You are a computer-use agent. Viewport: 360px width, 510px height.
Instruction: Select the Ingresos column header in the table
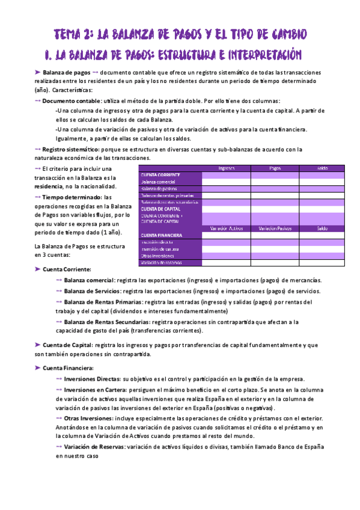click(x=225, y=168)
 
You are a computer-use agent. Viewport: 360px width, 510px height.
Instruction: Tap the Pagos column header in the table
click(x=274, y=168)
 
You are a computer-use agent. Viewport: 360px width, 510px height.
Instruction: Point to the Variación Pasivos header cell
click(x=274, y=228)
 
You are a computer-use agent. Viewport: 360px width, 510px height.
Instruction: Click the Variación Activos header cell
click(x=226, y=228)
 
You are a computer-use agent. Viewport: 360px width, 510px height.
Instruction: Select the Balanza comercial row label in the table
click(x=158, y=181)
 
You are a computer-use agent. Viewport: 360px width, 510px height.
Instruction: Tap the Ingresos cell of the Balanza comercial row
click(x=226, y=181)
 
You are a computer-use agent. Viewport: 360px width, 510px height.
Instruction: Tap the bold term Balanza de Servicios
click(x=92, y=291)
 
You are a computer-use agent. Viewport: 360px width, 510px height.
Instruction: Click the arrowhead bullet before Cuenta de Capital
click(x=38, y=345)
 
